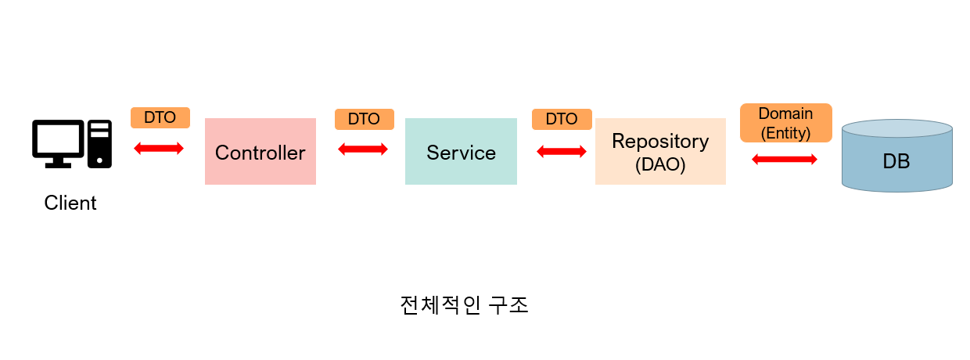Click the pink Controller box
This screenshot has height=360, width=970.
(x=260, y=152)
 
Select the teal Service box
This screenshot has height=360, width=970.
(x=461, y=152)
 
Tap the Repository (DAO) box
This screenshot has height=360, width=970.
(x=660, y=152)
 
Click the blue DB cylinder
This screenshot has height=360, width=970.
(x=896, y=163)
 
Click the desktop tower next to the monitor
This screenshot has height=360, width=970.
(x=99, y=143)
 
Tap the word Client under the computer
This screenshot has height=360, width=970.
(x=70, y=203)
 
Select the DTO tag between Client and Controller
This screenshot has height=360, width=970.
(x=160, y=117)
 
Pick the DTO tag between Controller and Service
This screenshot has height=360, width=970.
(x=364, y=119)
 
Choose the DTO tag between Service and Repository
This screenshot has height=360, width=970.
(x=561, y=119)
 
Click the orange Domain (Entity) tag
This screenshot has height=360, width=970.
(x=785, y=123)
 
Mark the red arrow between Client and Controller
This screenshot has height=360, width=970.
(x=159, y=148)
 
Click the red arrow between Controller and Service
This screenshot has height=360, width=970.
(x=363, y=149)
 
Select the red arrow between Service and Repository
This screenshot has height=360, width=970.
(x=562, y=152)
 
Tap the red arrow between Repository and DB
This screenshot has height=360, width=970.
(x=785, y=160)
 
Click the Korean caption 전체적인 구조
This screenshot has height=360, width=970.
(x=464, y=304)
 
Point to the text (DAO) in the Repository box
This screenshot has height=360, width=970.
(x=660, y=165)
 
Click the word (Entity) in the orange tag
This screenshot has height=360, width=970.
(x=785, y=133)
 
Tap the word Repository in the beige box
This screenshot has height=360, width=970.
(x=660, y=142)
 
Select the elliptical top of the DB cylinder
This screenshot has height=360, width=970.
(x=896, y=128)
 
